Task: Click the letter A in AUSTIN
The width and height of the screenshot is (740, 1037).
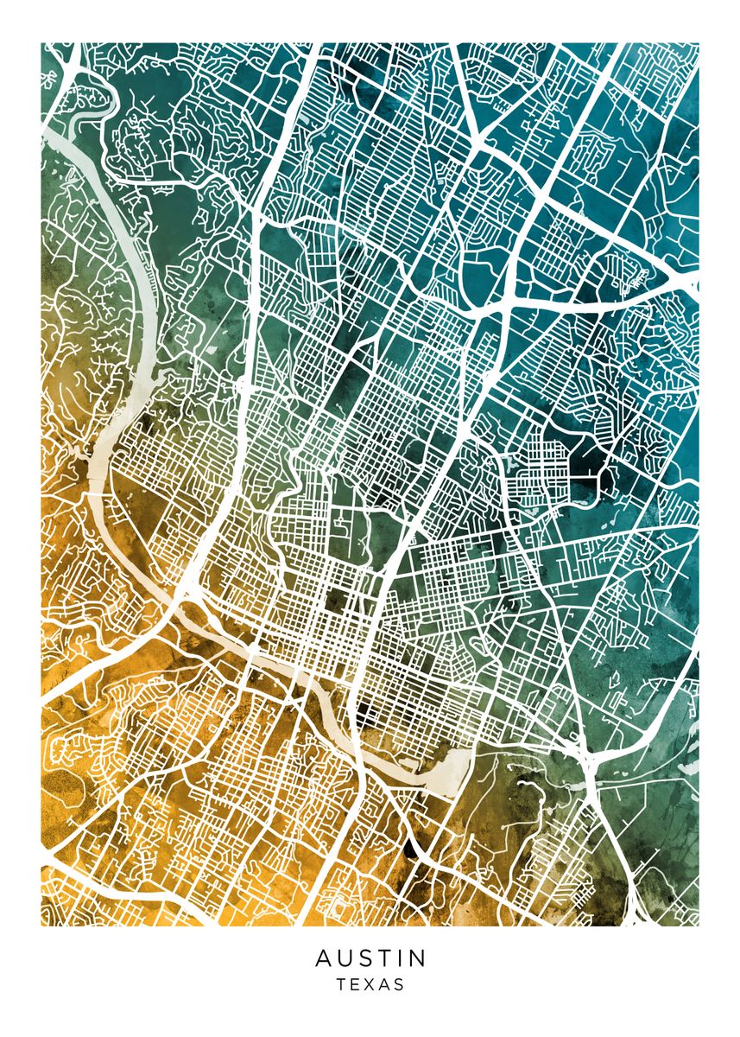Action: [323, 958]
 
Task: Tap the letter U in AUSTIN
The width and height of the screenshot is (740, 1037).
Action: [345, 958]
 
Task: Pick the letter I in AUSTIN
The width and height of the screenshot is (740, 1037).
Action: [402, 958]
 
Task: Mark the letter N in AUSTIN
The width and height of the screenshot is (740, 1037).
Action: [418, 958]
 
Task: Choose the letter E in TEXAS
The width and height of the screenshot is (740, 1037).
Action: [356, 984]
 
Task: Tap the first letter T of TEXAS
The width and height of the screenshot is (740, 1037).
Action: [342, 984]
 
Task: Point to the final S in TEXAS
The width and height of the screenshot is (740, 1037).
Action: [399, 984]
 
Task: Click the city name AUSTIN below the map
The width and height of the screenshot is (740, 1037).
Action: [370, 958]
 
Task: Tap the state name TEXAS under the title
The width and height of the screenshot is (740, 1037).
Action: [370, 984]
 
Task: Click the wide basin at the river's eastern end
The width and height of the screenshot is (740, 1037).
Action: [453, 765]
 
